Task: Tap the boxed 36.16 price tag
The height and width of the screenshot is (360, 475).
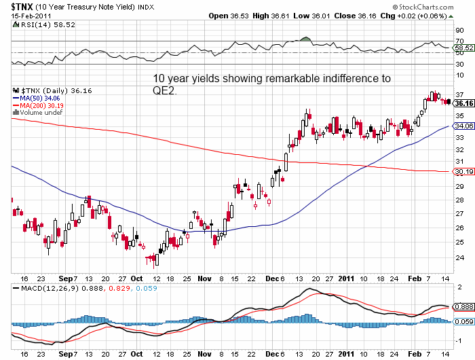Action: [x=463, y=104]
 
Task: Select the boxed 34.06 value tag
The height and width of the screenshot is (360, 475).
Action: [x=463, y=126]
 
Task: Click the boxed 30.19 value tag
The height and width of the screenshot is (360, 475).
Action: [x=463, y=172]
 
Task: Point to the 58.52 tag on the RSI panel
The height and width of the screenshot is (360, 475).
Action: [x=463, y=48]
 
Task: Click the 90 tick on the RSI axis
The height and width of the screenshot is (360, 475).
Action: [x=460, y=31]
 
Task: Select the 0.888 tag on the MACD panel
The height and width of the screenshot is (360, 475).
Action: [x=463, y=307]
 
